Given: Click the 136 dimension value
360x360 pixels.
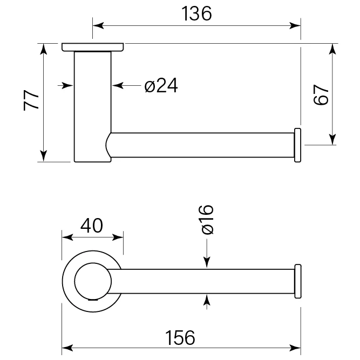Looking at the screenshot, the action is coord(196,14).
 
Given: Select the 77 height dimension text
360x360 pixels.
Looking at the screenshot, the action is coord(31,100).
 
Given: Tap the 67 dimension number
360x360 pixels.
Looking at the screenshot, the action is coord(321,95).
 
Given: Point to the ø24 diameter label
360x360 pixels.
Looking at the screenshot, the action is coord(161,85).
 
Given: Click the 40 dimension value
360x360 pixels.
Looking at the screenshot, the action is coord(92,226).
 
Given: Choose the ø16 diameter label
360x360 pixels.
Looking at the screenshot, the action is coord(207,220).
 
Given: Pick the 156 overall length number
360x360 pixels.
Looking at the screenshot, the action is coord(180,338).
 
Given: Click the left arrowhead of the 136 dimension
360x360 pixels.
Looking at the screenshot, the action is coord(98,25).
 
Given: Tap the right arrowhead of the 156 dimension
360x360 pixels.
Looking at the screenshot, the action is coord(295,348).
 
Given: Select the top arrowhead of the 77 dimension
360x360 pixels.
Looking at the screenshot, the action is coord(43,49).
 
